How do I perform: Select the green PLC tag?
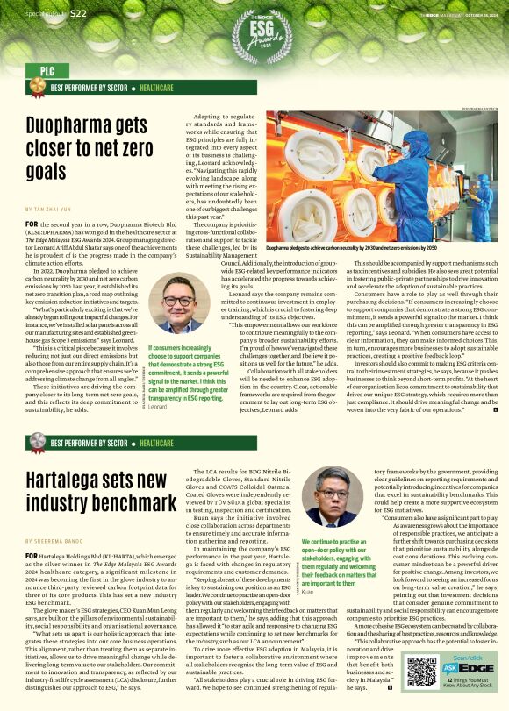[41, 70]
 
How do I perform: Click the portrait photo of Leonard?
[178, 307]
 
